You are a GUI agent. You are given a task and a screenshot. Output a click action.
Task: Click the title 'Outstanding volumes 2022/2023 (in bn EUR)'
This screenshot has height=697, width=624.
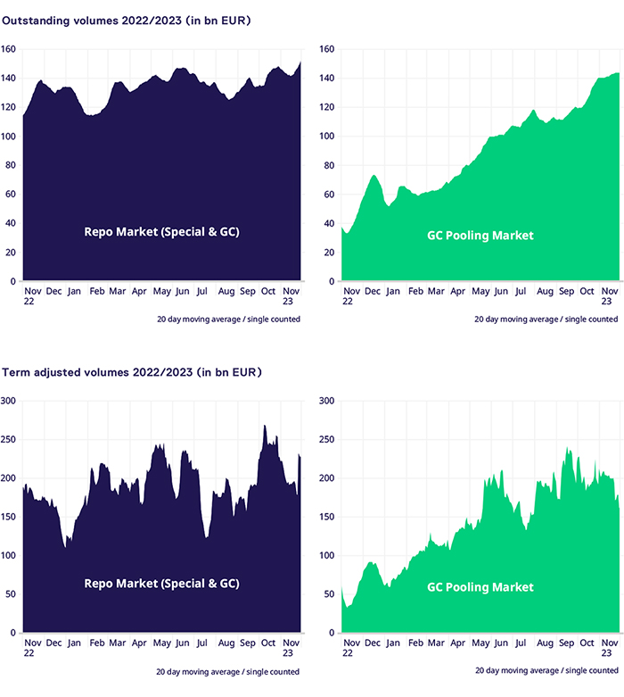pos(126,21)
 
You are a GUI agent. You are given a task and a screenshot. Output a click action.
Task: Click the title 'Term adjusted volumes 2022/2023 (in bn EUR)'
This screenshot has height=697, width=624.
pos(131,371)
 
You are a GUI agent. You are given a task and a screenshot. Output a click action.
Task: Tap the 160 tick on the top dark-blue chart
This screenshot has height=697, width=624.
pos(10,49)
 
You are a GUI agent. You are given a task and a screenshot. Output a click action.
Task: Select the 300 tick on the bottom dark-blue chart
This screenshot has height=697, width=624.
pos(10,401)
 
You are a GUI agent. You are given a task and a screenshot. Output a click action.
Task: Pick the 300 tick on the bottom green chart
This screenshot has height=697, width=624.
pos(327,401)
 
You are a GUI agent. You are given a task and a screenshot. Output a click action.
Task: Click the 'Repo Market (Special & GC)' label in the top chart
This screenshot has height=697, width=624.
pos(161,232)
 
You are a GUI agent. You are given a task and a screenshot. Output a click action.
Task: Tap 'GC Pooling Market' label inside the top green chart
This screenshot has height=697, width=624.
pos(480,236)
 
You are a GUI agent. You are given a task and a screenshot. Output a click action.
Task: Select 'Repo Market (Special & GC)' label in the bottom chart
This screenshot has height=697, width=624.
pos(161,584)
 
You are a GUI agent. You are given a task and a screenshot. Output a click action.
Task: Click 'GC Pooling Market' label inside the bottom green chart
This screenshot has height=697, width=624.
pos(480,587)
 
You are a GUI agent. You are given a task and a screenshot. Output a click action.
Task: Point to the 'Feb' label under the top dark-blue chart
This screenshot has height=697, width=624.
pos(97,291)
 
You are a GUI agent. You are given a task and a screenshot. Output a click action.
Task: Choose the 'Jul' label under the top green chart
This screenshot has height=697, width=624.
pos(522,291)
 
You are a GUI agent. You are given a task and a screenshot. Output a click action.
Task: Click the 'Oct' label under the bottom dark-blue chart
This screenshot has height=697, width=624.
pos(268,643)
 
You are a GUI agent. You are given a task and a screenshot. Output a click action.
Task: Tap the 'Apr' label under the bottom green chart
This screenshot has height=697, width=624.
pos(457,643)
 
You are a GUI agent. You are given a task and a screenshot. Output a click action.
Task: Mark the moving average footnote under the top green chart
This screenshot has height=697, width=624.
pos(546,319)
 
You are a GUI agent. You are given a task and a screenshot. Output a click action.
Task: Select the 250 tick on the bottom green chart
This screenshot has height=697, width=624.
pos(327,439)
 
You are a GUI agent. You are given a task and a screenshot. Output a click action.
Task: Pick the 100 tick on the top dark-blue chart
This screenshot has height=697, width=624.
pos(10,137)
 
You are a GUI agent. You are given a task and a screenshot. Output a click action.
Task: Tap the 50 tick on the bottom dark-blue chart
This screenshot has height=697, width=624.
pos(12,594)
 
